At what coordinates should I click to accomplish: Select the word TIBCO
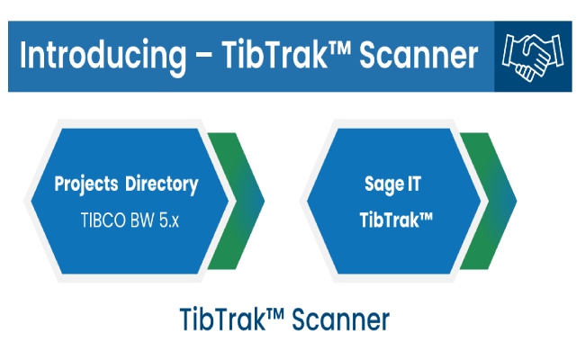tap(102, 219)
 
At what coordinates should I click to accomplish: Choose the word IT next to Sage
tap(413, 184)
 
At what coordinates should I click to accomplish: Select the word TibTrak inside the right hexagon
tap(390, 219)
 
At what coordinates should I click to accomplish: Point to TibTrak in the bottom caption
tap(220, 319)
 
